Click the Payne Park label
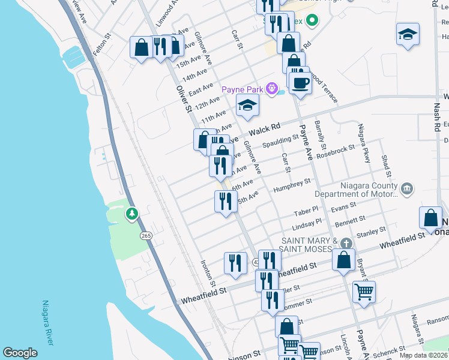click(243, 89)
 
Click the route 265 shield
click(146, 236)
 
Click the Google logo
click(20, 353)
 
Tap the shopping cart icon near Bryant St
click(364, 292)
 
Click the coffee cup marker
click(300, 82)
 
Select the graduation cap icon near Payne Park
click(247, 107)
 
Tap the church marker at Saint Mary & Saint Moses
click(345, 244)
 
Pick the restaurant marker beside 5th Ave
click(225, 201)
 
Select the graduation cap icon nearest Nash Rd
click(408, 35)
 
